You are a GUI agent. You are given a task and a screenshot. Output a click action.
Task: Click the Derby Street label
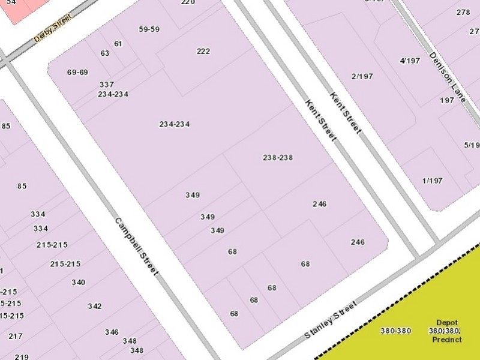pyautogui.click(x=52, y=28)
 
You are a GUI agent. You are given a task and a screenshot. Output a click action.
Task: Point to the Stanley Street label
pyautogui.click(x=331, y=319)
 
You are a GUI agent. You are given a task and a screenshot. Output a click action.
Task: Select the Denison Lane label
pyautogui.click(x=448, y=76)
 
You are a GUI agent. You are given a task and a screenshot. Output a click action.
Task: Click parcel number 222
pyautogui.click(x=203, y=52)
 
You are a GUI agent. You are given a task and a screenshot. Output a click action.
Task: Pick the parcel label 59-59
pyautogui.click(x=149, y=29)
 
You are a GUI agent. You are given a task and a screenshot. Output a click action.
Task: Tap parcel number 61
pyautogui.click(x=118, y=44)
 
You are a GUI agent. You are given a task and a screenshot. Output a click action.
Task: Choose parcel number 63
pyautogui.click(x=105, y=53)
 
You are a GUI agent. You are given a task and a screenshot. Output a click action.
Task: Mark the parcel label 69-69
pyautogui.click(x=77, y=73)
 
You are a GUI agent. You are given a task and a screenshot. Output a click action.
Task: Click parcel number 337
pyautogui.click(x=107, y=85)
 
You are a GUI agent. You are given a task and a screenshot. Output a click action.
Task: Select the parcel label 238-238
pyautogui.click(x=278, y=158)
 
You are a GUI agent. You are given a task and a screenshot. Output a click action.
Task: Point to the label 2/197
pyautogui.click(x=362, y=76)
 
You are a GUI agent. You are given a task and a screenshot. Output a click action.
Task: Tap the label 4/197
pyautogui.click(x=409, y=61)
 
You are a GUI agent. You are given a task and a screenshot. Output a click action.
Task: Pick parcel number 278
pyautogui.click(x=463, y=13)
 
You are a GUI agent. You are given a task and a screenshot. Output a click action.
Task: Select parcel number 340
pyautogui.click(x=78, y=283)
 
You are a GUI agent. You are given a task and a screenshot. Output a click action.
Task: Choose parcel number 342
pyautogui.click(x=95, y=307)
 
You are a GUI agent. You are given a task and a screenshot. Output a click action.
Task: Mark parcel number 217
pyautogui.click(x=16, y=337)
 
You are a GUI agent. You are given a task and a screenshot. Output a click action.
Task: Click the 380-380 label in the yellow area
pyautogui.click(x=395, y=331)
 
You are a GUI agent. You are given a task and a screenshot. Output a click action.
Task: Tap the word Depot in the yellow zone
pyautogui.click(x=447, y=322)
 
